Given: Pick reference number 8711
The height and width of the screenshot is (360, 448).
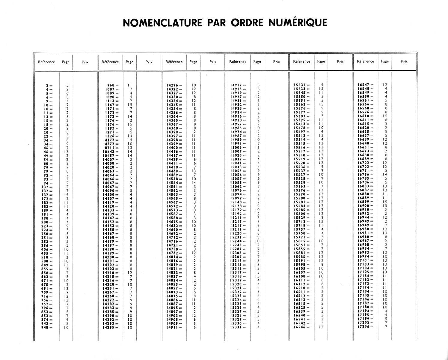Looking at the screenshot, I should click(109, 148).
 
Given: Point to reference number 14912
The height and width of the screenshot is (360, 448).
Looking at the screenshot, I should click(236, 85).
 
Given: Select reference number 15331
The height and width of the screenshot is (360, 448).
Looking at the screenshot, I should click(236, 327).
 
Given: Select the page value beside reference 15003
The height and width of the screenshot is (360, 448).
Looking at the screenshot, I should click(257, 148).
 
